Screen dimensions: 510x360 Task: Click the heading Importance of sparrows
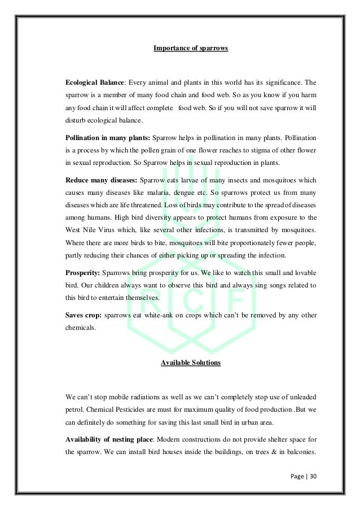191,48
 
